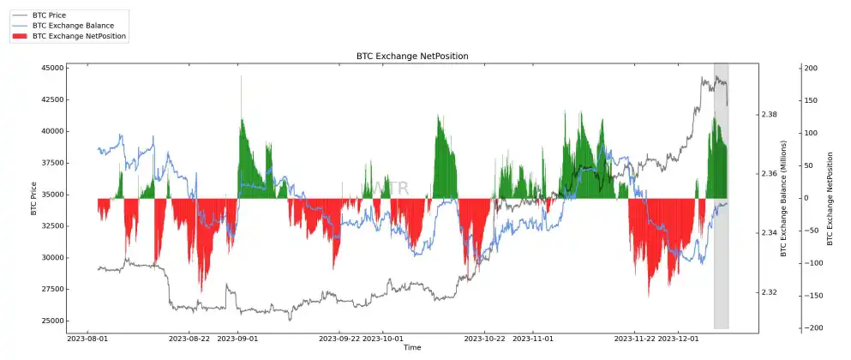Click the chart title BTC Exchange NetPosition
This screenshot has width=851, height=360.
412,56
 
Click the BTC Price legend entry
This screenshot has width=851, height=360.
49,15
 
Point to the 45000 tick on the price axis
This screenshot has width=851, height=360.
52,68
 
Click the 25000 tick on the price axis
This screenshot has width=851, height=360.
52,321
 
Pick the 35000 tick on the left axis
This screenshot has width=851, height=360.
52,195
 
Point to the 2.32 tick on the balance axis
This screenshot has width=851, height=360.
770,292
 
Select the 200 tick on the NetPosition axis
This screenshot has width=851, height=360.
811,68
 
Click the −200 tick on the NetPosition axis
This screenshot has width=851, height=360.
809,328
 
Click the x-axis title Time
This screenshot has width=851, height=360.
412,347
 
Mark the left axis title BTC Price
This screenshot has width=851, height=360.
33,198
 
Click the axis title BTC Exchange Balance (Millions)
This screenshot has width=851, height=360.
783,198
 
